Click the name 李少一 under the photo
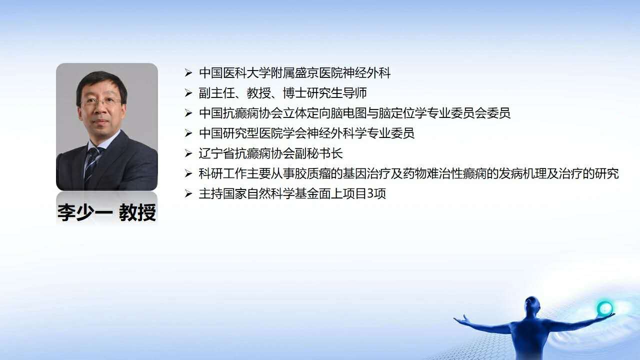point(85,212)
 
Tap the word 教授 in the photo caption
point(137,212)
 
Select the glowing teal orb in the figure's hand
point(605,308)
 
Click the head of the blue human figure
point(532,305)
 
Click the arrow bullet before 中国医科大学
point(188,73)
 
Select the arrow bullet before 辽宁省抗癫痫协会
point(188,153)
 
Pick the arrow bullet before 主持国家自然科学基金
point(188,194)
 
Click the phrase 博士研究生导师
point(325,93)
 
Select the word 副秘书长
point(319,153)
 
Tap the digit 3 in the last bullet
point(370,194)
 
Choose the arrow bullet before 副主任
point(188,93)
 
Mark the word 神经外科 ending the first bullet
point(366,73)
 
